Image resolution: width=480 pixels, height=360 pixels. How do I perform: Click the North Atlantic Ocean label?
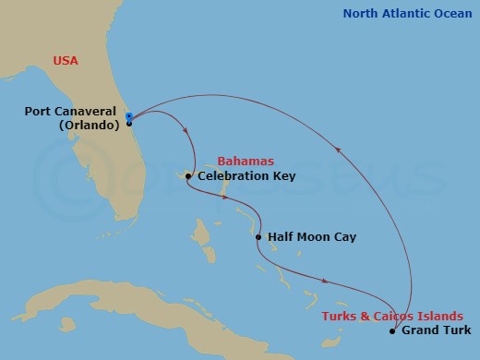point(406,13)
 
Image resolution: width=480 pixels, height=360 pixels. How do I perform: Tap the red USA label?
point(65,61)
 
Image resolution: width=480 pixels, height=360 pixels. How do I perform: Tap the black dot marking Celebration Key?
point(188,176)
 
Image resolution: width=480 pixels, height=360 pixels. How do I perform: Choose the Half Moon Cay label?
point(311,237)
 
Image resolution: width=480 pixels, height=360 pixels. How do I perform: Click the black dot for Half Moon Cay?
point(258,237)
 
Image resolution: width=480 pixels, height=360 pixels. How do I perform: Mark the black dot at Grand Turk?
point(392,330)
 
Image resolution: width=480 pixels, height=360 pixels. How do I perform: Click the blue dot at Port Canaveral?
point(129,116)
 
